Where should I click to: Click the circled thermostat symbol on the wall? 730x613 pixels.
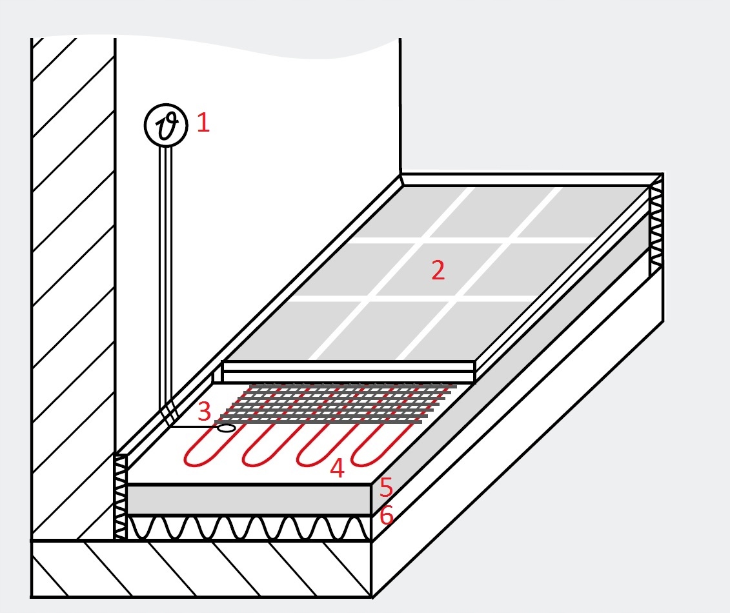pyautogui.click(x=167, y=125)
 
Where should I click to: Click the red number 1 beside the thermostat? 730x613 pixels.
pyautogui.click(x=203, y=123)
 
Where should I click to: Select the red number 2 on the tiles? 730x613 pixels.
pyautogui.click(x=438, y=270)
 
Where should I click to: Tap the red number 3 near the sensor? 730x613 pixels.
pyautogui.click(x=205, y=412)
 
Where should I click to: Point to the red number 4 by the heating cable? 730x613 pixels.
pyautogui.click(x=337, y=468)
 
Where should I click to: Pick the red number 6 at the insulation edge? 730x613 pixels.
pyautogui.click(x=387, y=516)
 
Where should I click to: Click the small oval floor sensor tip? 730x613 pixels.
pyautogui.click(x=227, y=428)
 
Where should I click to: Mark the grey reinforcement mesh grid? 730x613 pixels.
pyautogui.click(x=335, y=403)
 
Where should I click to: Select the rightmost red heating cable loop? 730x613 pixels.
pyautogui.click(x=380, y=445)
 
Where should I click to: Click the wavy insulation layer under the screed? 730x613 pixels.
pyautogui.click(x=249, y=528)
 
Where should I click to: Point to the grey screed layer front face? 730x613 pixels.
pyautogui.click(x=249, y=500)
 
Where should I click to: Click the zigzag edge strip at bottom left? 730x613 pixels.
pyautogui.click(x=120, y=497)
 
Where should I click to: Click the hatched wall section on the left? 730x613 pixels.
pyautogui.click(x=73, y=288)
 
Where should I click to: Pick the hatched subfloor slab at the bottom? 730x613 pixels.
pyautogui.click(x=201, y=568)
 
